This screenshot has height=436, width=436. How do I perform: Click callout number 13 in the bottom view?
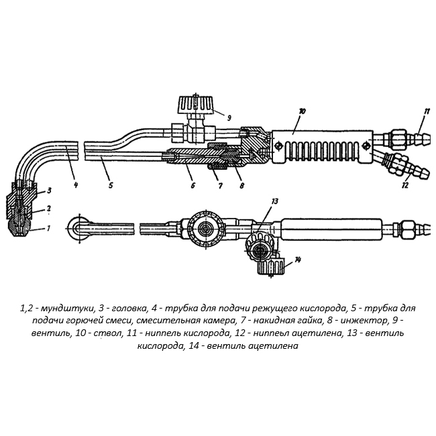tap(274, 201)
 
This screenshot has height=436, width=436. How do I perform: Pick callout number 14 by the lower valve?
tap(298, 259)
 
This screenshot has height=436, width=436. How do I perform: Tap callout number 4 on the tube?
tap(75, 184)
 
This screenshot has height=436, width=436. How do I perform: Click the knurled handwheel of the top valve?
tap(196, 105)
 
